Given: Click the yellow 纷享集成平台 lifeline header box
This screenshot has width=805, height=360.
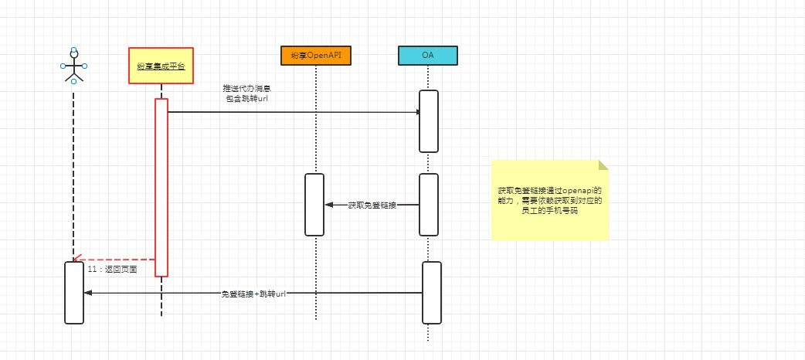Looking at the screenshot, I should [161, 67].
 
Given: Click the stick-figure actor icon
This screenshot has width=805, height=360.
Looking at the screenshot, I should [73, 66].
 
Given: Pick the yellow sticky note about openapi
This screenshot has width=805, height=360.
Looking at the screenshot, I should [549, 201].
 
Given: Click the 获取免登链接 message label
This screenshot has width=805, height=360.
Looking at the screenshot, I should [372, 205].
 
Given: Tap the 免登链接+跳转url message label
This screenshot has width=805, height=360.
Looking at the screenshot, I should [253, 294].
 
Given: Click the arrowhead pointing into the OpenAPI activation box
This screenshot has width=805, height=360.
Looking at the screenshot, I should [328, 205].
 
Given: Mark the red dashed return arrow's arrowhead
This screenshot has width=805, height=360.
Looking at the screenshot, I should [76, 260].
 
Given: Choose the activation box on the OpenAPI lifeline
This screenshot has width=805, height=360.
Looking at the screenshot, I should [314, 204].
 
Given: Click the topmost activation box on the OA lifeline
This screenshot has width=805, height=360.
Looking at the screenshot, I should [429, 121].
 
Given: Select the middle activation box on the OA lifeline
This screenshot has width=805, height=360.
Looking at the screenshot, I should [429, 204].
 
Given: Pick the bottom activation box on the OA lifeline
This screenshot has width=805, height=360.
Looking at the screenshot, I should [431, 293].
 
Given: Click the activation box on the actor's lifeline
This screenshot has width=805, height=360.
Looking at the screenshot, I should [73, 293].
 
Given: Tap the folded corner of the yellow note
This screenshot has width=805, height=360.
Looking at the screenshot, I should [603, 165].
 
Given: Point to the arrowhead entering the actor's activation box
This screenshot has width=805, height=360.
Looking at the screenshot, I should [87, 293].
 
